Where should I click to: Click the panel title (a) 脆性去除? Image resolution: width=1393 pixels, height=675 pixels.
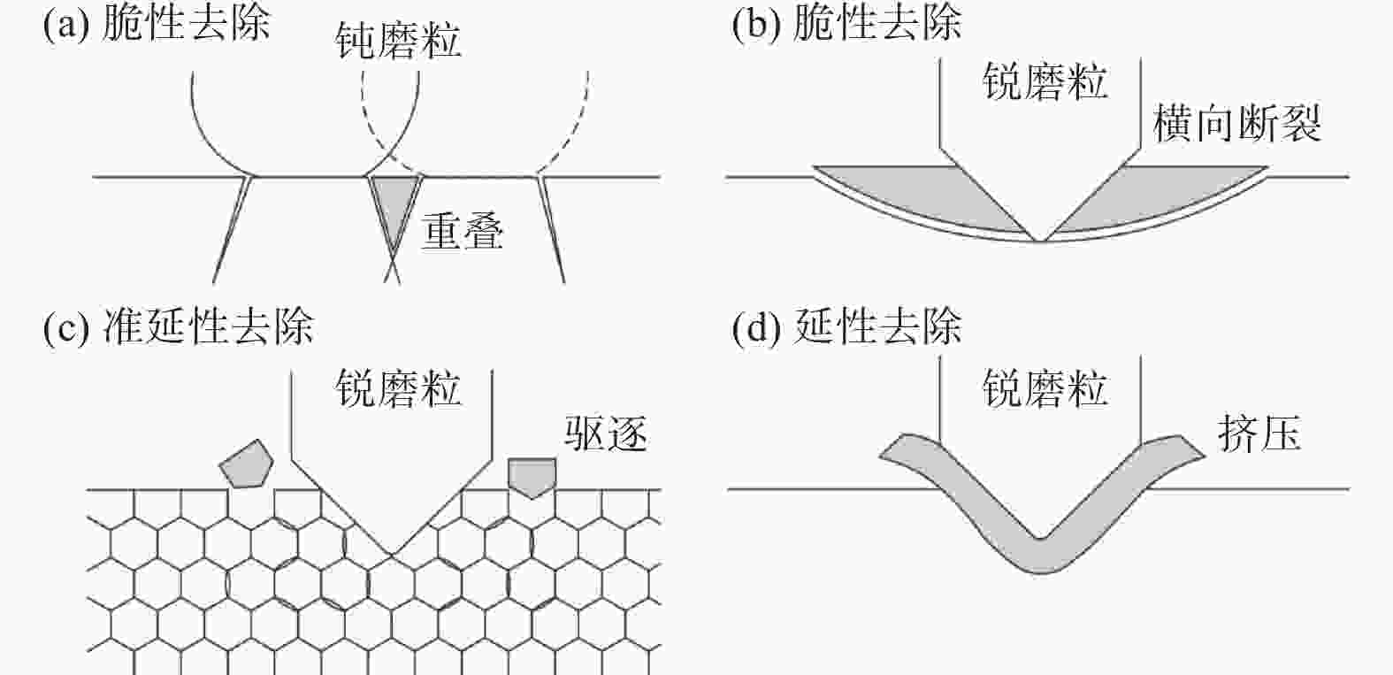point(156,25)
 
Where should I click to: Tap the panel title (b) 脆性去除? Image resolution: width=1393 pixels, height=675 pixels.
point(846,25)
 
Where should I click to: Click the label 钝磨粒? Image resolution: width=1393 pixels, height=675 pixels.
point(398,41)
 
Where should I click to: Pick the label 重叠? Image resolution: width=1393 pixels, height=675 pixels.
point(462,232)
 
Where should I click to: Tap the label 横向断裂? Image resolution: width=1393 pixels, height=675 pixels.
point(1237,123)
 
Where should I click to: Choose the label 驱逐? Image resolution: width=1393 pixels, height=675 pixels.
point(606,433)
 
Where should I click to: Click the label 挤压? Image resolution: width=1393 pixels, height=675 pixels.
point(1259,433)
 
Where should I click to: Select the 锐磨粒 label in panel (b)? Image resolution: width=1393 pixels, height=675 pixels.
point(1045,81)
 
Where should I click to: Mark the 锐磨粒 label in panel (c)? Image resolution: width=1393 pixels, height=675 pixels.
point(398,389)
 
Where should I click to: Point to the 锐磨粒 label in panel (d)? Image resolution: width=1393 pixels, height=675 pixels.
point(1045,389)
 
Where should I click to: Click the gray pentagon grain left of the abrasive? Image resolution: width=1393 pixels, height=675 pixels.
point(246,464)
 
